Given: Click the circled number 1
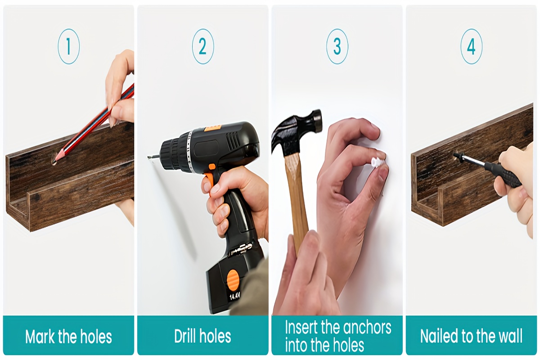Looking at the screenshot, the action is coord(68,46).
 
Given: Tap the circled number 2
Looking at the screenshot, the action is coord(203,46).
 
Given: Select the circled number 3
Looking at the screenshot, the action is coord(337,46).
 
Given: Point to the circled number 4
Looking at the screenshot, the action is coord(471,46).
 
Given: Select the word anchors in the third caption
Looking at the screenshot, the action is coord(367,328).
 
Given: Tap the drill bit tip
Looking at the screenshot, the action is coord(148,157).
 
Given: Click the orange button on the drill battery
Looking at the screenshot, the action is coord(232,280).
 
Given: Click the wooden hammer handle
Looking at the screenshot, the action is coord(297,200).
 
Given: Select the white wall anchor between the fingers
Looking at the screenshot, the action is coord(376,162).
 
